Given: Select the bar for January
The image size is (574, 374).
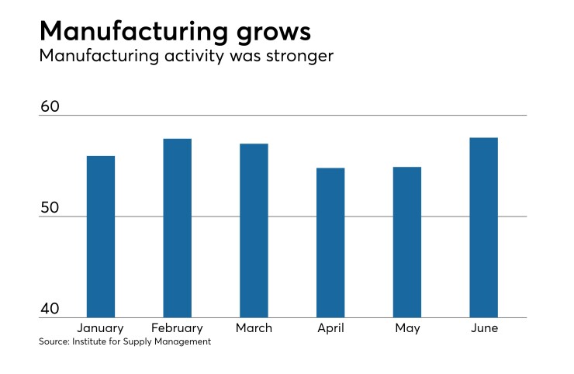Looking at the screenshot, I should click(101, 237).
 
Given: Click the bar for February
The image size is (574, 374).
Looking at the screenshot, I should click(177, 228).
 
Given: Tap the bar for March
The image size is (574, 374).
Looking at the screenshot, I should click(254, 230).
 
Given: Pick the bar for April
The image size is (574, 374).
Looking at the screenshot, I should click(330, 243).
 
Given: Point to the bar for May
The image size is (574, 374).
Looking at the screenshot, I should click(406, 242).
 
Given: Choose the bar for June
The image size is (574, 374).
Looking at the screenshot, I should click(483, 227).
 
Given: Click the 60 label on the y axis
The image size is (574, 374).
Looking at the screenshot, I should click(50, 106).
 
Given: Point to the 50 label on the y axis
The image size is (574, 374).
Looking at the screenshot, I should click(50, 207).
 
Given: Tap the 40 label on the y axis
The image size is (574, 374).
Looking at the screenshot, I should click(50, 309).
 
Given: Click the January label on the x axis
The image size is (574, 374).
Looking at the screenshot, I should click(101, 328).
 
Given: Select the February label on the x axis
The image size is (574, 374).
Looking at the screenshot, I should click(177, 328).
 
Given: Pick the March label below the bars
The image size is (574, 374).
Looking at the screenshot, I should click(254, 328).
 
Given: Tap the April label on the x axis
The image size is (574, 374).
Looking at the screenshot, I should click(330, 328).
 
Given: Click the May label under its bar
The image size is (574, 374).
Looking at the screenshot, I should click(406, 329).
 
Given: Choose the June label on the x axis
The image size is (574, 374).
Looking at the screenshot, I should click(483, 328).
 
